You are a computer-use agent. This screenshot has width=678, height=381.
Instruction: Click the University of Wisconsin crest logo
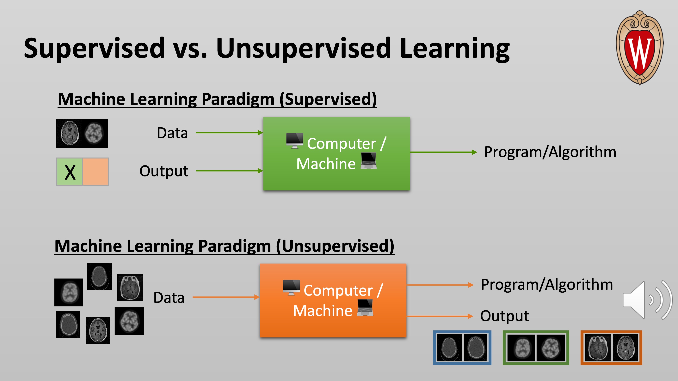tap(640, 48)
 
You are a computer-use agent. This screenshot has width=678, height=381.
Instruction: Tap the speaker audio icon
tap(647, 300)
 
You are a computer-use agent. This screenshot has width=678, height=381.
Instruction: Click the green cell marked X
tap(70, 172)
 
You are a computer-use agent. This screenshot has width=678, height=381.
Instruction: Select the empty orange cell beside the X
tap(96, 172)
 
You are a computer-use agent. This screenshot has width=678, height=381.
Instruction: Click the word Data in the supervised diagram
tap(172, 133)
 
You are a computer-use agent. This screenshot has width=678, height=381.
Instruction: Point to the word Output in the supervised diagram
tap(164, 171)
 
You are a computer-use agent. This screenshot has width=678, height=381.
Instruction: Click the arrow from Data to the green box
tap(229, 133)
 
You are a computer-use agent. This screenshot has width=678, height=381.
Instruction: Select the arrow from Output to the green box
tap(229, 171)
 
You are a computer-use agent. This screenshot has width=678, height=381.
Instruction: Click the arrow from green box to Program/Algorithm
tap(443, 152)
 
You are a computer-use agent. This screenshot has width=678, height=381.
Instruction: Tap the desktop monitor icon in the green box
tap(294, 141)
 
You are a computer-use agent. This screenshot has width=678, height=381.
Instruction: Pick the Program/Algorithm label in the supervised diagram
tap(550, 152)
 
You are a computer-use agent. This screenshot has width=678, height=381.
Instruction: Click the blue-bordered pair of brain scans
tap(462, 348)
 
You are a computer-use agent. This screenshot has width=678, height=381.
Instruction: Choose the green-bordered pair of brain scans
tap(536, 348)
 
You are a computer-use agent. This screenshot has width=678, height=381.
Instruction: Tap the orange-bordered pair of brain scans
tap(611, 348)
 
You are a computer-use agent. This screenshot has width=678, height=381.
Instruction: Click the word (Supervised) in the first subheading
tap(328, 99)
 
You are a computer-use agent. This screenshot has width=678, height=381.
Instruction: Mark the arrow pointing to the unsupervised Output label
tap(440, 316)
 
